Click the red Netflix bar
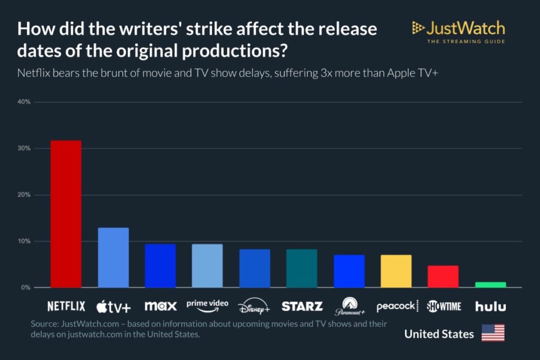coord(66,214)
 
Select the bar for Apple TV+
coord(113,258)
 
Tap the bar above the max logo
coord(160,266)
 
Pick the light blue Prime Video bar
coord(207,266)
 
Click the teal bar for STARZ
coord(302,268)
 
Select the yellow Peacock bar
coord(396,271)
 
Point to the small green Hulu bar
coord(490,285)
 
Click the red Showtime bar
coord(443,276)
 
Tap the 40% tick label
coord(25,102)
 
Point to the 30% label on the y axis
coord(25,149)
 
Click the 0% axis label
coord(26,288)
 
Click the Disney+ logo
coord(254,306)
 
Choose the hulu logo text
coord(490,306)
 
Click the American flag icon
coord(493,333)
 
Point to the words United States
coord(439,334)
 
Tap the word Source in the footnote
coord(44,323)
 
